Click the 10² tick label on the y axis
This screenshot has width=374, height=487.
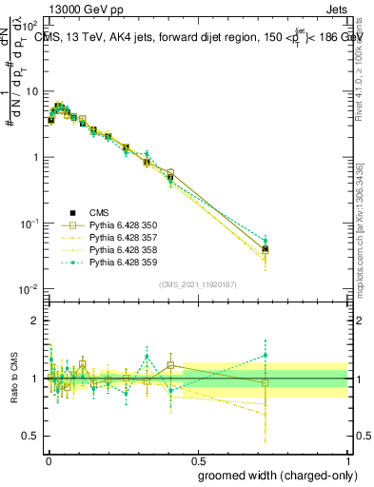tap(29, 26)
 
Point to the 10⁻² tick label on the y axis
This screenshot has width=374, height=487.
tap(29, 289)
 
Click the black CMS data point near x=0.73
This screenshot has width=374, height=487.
tap(266, 249)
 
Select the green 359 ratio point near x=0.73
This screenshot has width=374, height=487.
tap(266, 356)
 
